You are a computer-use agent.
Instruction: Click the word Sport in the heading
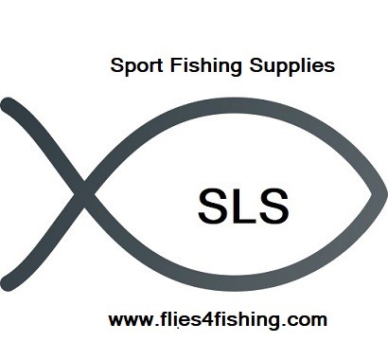click(133, 66)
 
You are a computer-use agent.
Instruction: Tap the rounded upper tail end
click(9, 108)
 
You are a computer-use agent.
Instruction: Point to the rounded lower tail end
click(9, 279)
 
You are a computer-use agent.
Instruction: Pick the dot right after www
click(150, 324)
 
